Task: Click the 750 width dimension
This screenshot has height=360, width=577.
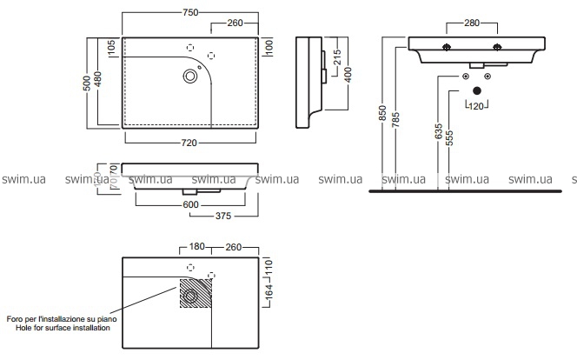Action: (x=190, y=11)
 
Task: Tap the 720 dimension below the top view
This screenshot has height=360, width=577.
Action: (x=189, y=142)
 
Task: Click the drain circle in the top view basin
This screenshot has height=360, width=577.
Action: (x=189, y=77)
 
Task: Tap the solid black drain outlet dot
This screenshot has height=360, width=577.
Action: (x=477, y=90)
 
